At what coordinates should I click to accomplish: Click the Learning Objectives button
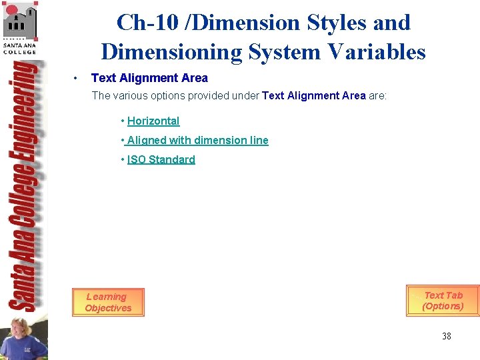click(x=108, y=302)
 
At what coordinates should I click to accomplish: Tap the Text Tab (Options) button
click(x=443, y=301)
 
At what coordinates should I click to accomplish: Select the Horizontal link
click(x=153, y=121)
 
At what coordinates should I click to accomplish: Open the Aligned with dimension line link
click(x=197, y=140)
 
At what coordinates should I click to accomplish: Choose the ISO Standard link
click(x=161, y=159)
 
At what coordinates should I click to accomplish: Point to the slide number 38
click(x=446, y=336)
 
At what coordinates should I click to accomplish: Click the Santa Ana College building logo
click(x=20, y=21)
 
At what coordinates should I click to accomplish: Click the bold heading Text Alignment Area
click(x=149, y=78)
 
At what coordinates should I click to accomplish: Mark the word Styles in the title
click(x=336, y=23)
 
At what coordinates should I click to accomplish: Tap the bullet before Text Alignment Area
click(x=78, y=79)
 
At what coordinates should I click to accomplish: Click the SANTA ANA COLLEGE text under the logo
click(x=20, y=48)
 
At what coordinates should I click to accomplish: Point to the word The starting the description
click(x=101, y=95)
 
